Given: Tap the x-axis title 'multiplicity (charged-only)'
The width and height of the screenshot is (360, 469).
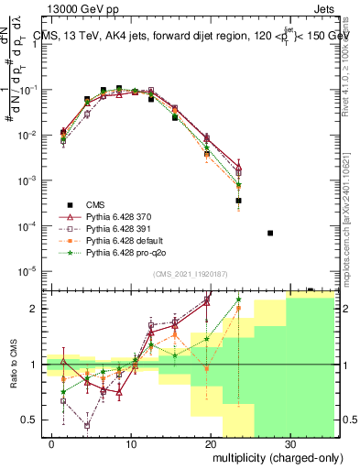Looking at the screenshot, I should [274, 455].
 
